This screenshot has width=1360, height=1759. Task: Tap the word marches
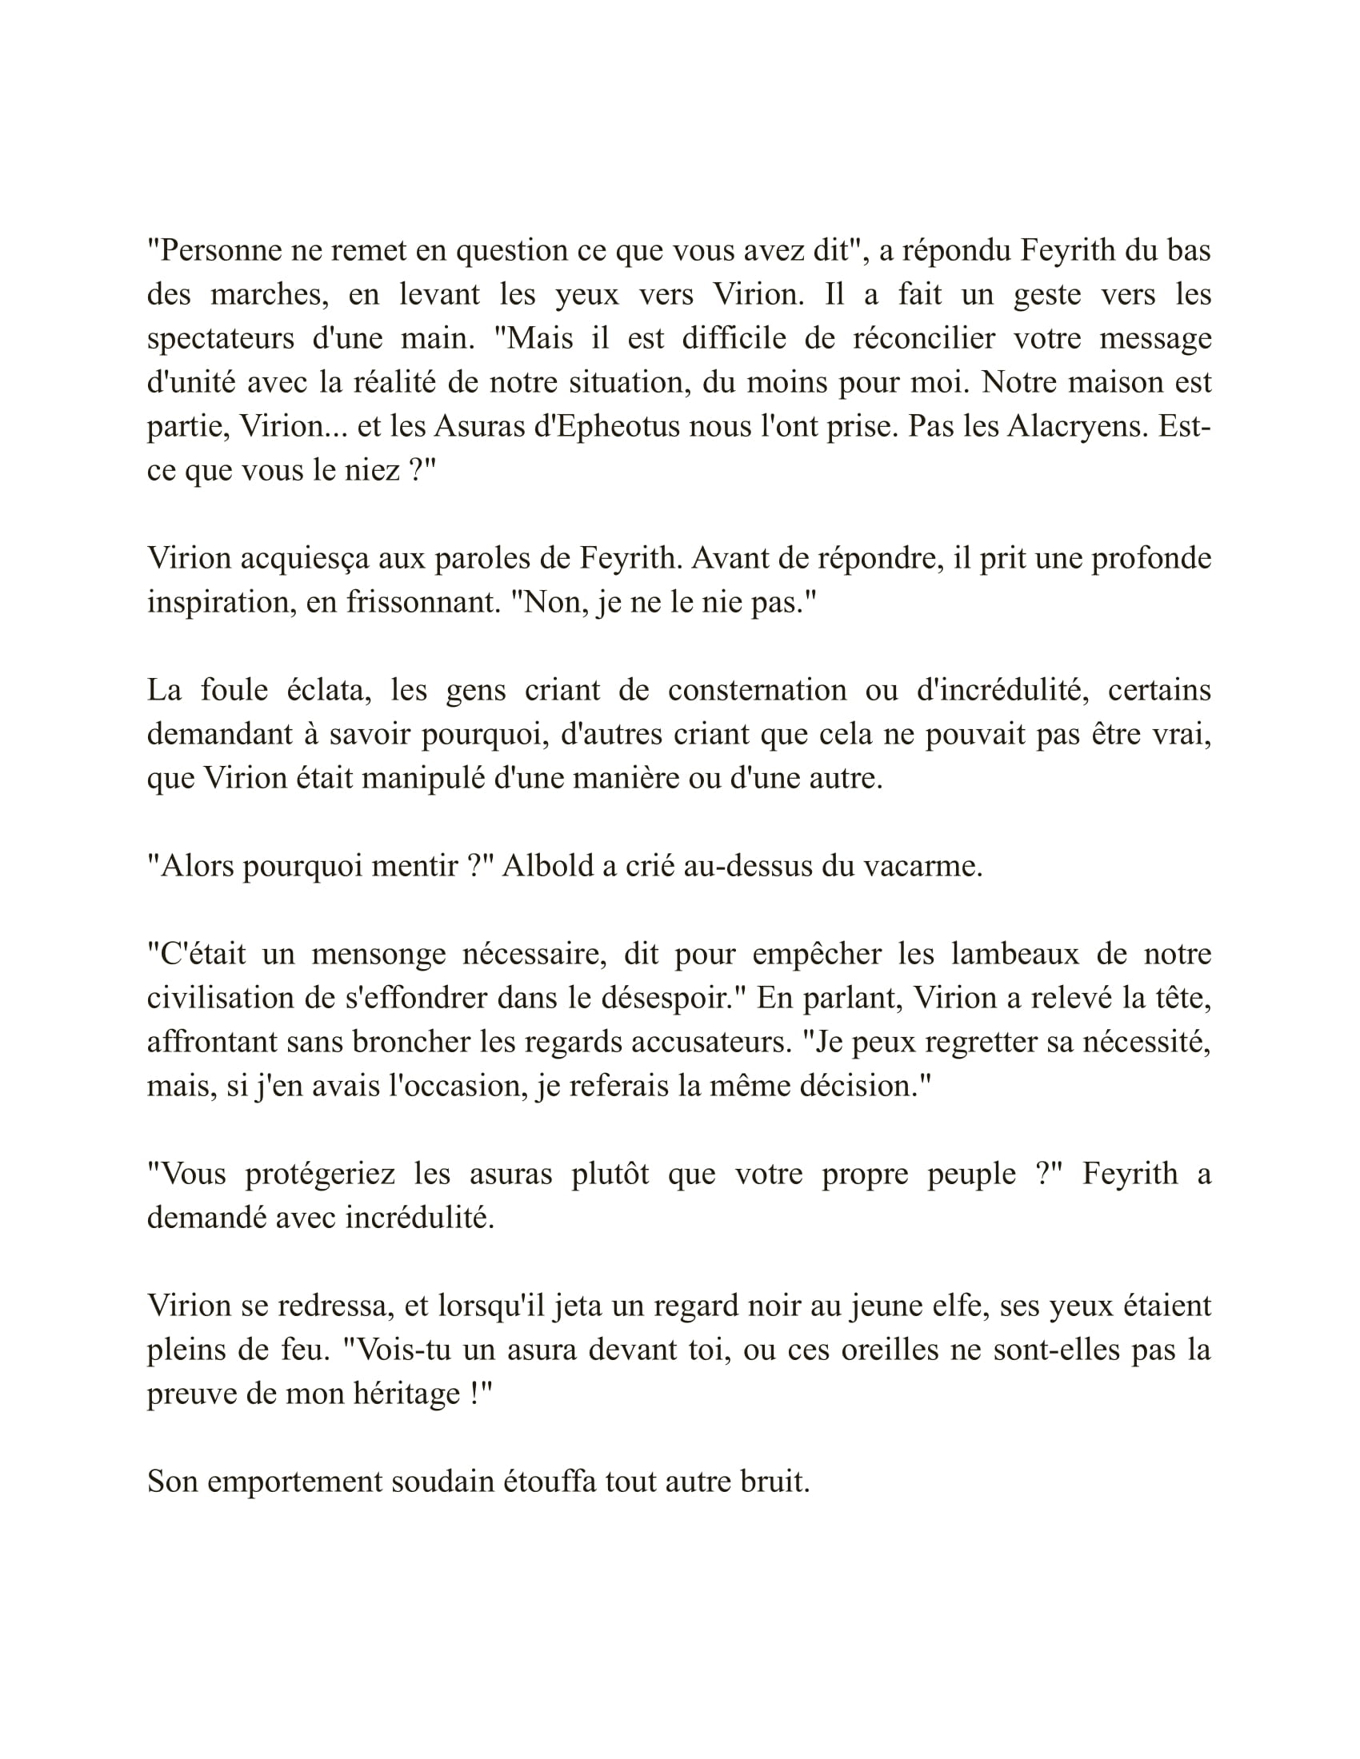coord(269,295)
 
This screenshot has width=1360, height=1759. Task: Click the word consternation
coord(758,690)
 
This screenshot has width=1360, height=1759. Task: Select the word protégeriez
coord(320,1175)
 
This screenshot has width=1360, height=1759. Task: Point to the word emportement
coord(294,1482)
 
